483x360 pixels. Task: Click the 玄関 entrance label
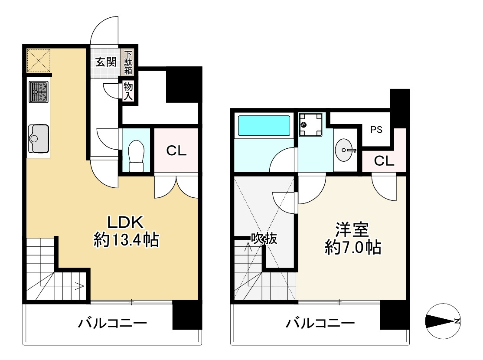click(106, 62)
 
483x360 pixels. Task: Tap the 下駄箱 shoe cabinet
click(128, 62)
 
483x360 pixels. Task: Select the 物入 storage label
click(128, 91)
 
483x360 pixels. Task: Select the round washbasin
click(346, 150)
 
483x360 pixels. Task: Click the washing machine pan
click(311, 124)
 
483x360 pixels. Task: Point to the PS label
click(376, 130)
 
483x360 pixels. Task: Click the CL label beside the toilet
click(176, 151)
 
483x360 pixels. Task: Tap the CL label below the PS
click(384, 161)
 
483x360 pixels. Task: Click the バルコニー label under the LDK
click(113, 323)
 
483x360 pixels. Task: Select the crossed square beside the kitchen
click(39, 60)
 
